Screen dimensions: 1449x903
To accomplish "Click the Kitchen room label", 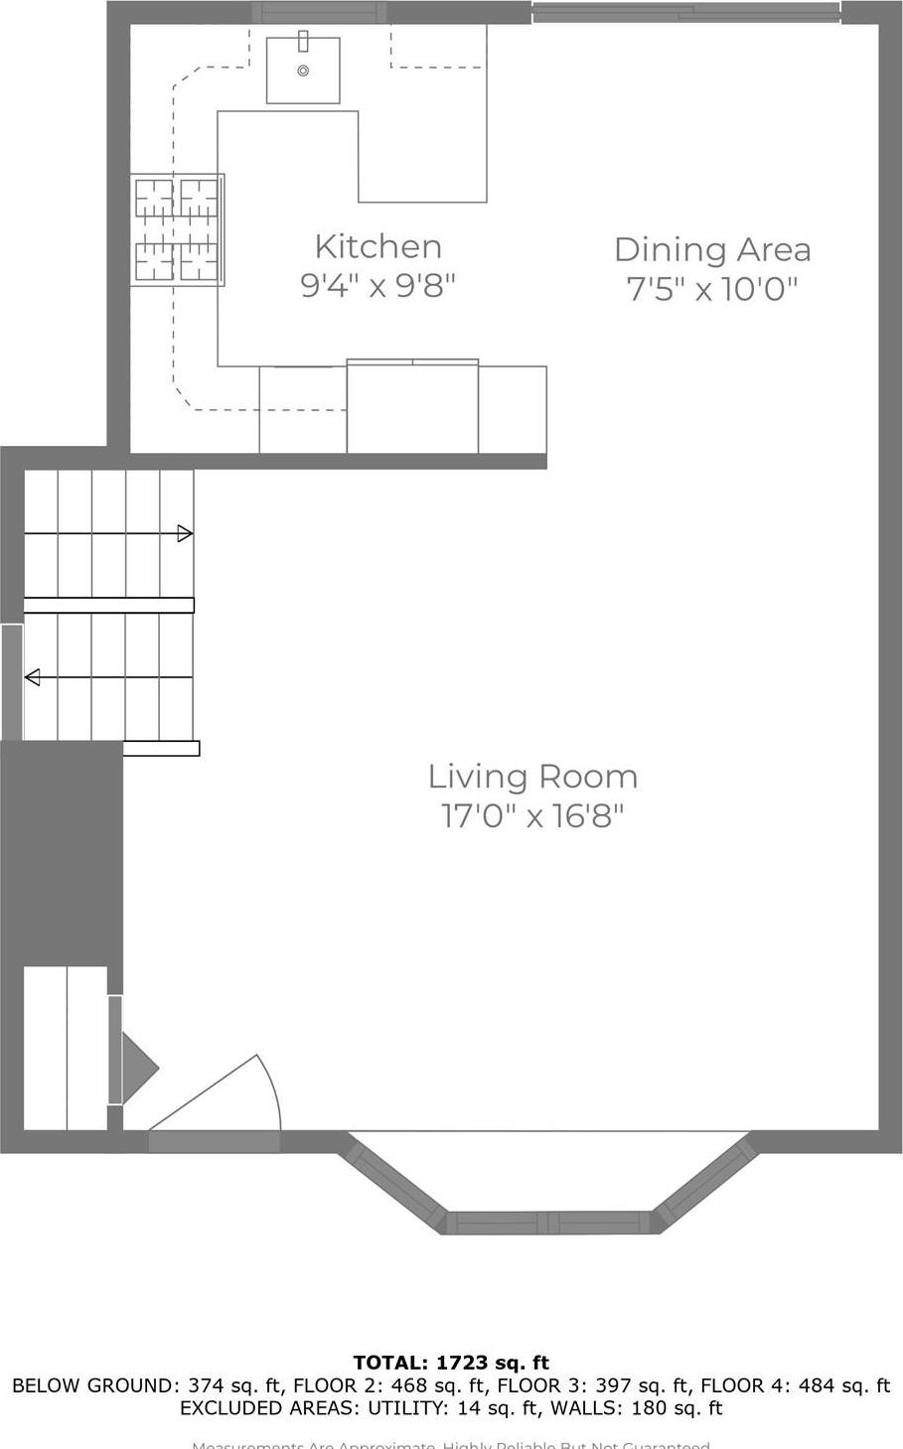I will coord(377,246).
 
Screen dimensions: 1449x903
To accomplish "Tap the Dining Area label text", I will coord(712,249).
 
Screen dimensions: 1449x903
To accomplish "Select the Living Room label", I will coord(532,777).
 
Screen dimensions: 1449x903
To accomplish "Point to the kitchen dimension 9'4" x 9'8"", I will coord(377,286).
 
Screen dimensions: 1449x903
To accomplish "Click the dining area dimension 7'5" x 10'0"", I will coord(712,289).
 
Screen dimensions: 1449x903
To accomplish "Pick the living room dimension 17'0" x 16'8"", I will coord(532,816).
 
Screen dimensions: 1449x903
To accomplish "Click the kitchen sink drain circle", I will coord(303,71).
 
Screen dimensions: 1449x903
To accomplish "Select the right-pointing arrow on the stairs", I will coord(184,534).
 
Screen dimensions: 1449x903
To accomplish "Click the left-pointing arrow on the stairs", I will coord(33,677).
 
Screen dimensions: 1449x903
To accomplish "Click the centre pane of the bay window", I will coord(548,1223).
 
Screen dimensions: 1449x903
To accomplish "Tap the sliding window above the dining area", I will coord(685,13).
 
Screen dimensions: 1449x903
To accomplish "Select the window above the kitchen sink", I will coord(318,12).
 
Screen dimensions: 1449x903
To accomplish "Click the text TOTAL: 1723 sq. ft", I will coord(451,1363).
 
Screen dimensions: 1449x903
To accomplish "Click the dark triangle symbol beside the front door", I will coord(137,1069).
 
